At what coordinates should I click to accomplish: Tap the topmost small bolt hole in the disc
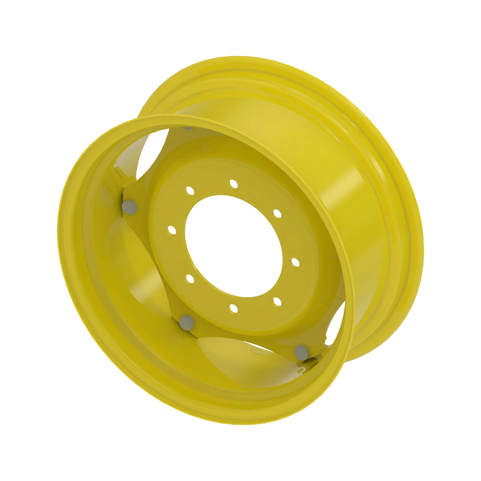(234, 184)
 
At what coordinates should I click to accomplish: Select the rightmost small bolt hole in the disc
(295, 262)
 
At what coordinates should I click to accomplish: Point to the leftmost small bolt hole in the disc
(172, 230)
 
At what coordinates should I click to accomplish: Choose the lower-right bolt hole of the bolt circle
(276, 300)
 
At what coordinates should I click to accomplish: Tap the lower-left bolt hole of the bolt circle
(190, 278)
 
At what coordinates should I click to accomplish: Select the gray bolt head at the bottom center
(186, 320)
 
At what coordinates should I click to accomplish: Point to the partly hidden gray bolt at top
(187, 127)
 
